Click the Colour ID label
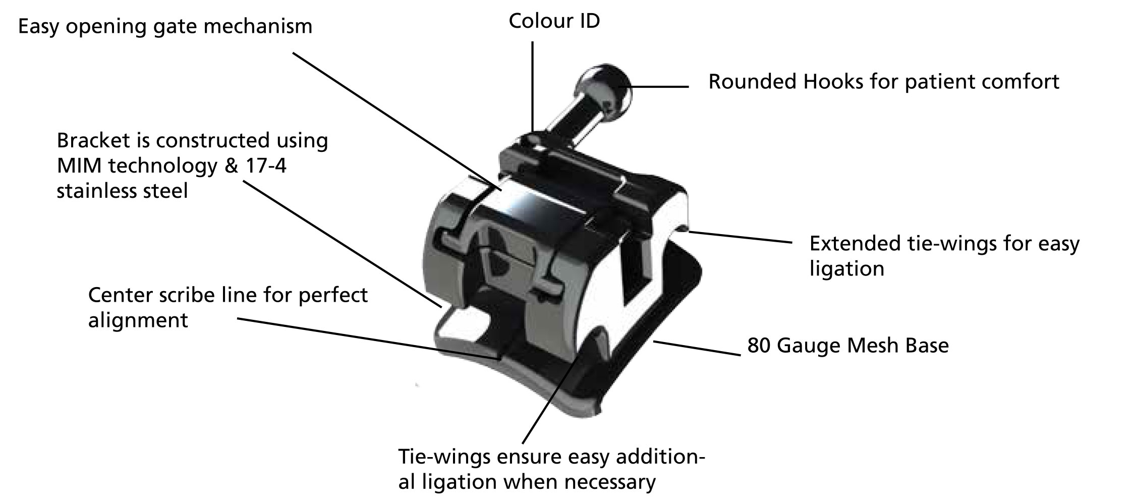554,21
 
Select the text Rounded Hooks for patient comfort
884,82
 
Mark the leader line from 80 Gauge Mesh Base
697,349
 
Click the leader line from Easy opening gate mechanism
397,121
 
